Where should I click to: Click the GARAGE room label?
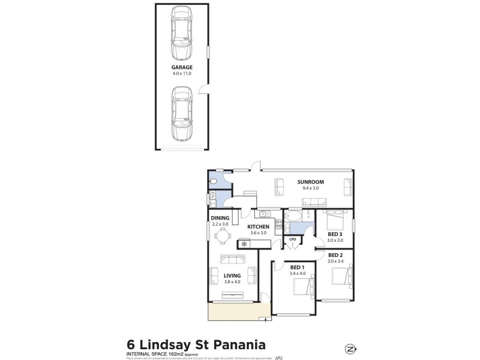(x=182, y=68)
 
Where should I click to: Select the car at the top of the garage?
(x=182, y=33)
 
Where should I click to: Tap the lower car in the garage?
(x=182, y=112)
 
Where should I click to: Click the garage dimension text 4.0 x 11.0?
(x=182, y=74)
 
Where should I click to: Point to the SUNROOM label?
(x=310, y=182)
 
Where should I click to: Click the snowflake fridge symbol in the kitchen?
(x=244, y=244)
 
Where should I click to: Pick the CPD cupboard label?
(x=292, y=240)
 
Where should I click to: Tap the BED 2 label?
(x=335, y=255)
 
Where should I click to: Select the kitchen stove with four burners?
(x=278, y=226)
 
